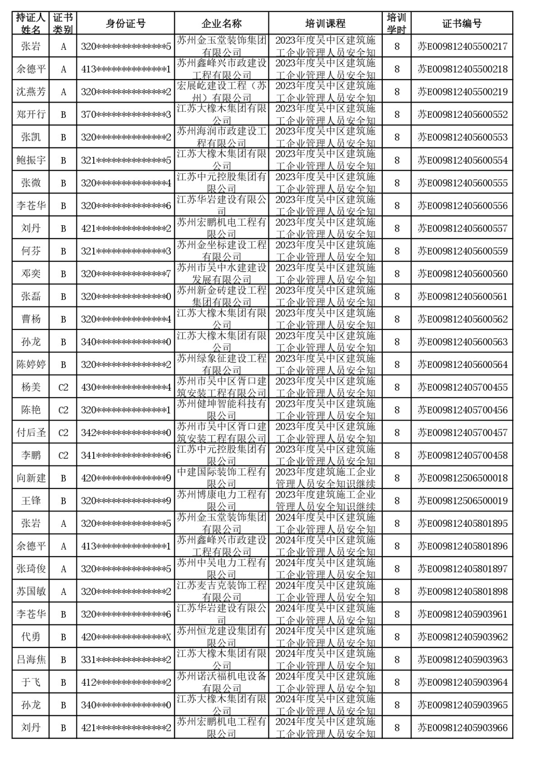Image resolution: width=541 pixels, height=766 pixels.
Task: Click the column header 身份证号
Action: pyautogui.click(x=125, y=23)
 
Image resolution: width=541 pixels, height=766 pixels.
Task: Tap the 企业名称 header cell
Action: pyautogui.click(x=221, y=23)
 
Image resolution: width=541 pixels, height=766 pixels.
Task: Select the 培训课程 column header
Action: pyautogui.click(x=325, y=23)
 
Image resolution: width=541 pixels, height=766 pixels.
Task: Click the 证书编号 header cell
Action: pyautogui.click(x=462, y=23)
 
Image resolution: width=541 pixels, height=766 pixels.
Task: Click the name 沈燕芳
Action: pyautogui.click(x=31, y=92)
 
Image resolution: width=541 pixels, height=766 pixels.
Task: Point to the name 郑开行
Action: pyautogui.click(x=31, y=114)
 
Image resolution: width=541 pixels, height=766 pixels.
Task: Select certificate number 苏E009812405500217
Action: pyautogui.click(x=462, y=46)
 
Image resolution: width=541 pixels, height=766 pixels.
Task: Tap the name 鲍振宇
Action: pyautogui.click(x=31, y=160)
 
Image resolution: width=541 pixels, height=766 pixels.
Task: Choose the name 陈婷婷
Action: pyautogui.click(x=31, y=364)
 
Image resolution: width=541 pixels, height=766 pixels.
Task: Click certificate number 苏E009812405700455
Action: pyautogui.click(x=462, y=387)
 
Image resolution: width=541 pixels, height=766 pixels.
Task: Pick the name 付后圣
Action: pyautogui.click(x=31, y=432)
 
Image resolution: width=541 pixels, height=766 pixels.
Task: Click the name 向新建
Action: pyautogui.click(x=31, y=478)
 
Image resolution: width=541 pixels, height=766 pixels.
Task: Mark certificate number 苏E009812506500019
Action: pyautogui.click(x=462, y=501)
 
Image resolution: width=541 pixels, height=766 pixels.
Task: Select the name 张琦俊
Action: pyautogui.click(x=31, y=569)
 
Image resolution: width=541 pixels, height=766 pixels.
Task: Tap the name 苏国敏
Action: pyautogui.click(x=31, y=591)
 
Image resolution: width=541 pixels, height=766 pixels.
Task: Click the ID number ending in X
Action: pyautogui.click(x=126, y=637)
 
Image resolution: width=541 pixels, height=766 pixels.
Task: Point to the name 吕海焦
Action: pyautogui.click(x=31, y=659)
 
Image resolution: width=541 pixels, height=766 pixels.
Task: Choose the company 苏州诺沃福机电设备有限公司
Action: pyautogui.click(x=221, y=682)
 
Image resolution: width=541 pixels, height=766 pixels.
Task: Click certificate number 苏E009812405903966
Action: pyautogui.click(x=462, y=728)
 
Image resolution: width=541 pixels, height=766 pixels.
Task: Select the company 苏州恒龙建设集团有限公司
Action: pyautogui.click(x=221, y=636)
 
